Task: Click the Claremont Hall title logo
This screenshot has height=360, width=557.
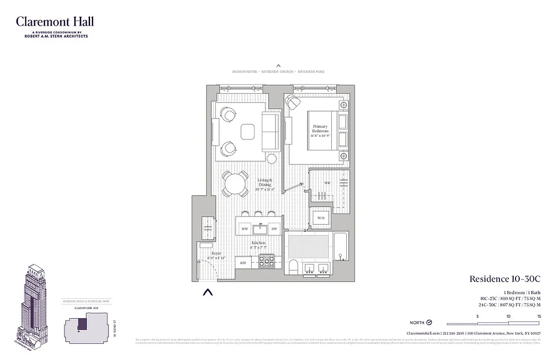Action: (55, 22)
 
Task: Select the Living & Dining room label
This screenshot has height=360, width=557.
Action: (266, 183)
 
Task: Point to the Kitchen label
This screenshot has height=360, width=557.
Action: (259, 245)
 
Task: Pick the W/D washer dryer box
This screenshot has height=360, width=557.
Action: (321, 218)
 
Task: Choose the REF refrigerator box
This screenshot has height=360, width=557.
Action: (243, 263)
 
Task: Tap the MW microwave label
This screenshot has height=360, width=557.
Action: (245, 229)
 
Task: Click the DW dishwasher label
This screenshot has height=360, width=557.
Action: (274, 229)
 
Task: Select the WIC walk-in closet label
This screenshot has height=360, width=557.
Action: (327, 183)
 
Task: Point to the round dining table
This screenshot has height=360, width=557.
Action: (235, 184)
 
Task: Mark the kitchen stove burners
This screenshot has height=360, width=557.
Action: (267, 261)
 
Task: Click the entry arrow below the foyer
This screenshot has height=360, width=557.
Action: (207, 292)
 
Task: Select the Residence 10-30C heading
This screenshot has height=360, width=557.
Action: (505, 279)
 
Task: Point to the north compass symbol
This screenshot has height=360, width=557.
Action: (429, 323)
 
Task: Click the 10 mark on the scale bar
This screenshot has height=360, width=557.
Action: (508, 317)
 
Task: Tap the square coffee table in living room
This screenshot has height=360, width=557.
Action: (249, 132)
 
